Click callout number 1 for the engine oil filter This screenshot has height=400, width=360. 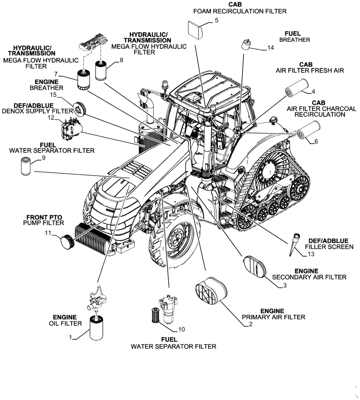(x=70, y=338)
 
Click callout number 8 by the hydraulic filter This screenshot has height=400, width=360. (x=122, y=60)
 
